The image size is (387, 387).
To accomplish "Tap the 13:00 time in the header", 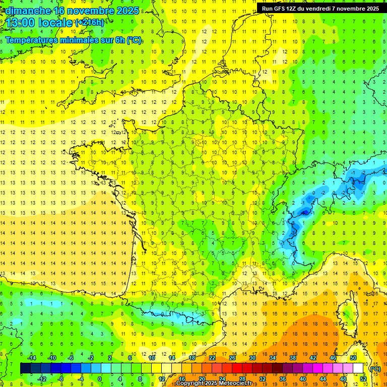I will (21, 23).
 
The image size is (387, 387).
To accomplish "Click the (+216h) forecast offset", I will (90, 23).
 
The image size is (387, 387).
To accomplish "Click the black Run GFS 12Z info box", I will (320, 8).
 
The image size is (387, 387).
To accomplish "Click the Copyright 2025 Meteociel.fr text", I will (214, 383).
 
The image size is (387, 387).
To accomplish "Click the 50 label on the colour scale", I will (353, 358).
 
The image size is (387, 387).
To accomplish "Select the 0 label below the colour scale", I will (99, 378).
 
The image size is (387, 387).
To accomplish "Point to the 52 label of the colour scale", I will (363, 378).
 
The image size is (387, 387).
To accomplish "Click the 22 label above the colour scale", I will (212, 358).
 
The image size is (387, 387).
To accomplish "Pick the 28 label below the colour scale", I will (242, 378).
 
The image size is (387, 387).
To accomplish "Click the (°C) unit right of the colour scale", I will (375, 368).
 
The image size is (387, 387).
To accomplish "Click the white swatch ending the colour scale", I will (358, 368).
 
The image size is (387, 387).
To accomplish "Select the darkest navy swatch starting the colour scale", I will (25, 368).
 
